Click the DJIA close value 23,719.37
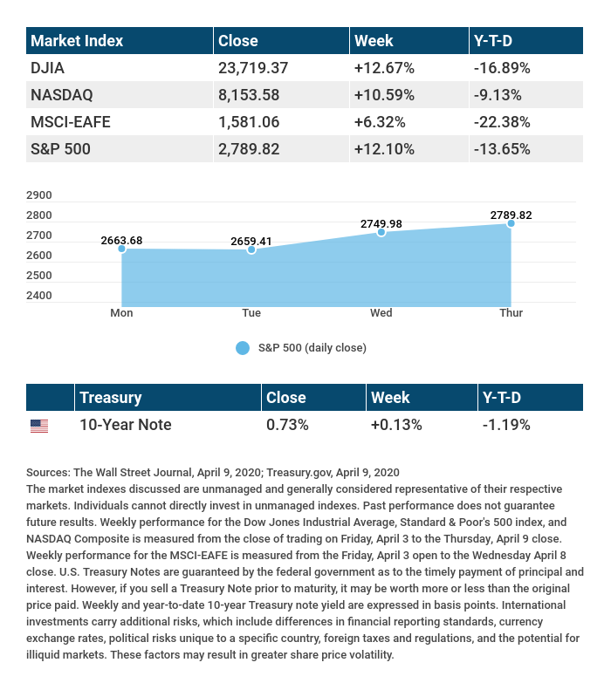(x=253, y=67)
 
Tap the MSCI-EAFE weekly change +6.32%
(x=383, y=121)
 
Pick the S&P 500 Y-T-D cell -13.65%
(x=502, y=148)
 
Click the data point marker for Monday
(x=121, y=249)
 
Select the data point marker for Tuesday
(x=251, y=249)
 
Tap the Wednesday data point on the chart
(x=381, y=232)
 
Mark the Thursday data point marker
(x=511, y=223)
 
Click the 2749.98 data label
(x=381, y=224)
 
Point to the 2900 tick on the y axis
(x=40, y=195)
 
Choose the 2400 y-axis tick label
(x=40, y=296)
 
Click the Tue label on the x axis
(x=251, y=312)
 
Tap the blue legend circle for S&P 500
(x=243, y=347)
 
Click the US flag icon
(x=39, y=426)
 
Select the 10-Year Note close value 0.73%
(x=289, y=425)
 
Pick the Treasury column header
(x=110, y=397)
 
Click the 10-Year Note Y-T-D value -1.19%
(x=506, y=425)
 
